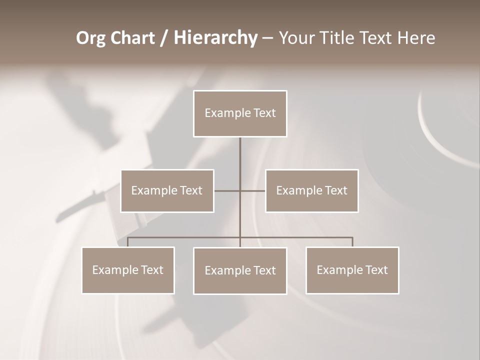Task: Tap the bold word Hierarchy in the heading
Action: [x=215, y=38]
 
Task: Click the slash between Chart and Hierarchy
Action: [x=164, y=38]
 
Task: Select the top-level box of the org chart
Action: [x=240, y=113]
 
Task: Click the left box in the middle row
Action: [x=167, y=190]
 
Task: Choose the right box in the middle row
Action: [x=312, y=190]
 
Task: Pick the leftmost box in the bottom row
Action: [x=128, y=270]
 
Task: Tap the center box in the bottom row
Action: [x=240, y=270]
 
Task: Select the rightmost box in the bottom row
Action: [x=352, y=270]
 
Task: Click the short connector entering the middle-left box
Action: [x=226, y=190]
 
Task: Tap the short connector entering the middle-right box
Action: [x=253, y=190]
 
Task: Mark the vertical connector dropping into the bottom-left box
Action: [x=128, y=242]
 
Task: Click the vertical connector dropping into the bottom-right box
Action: [x=352, y=242]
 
